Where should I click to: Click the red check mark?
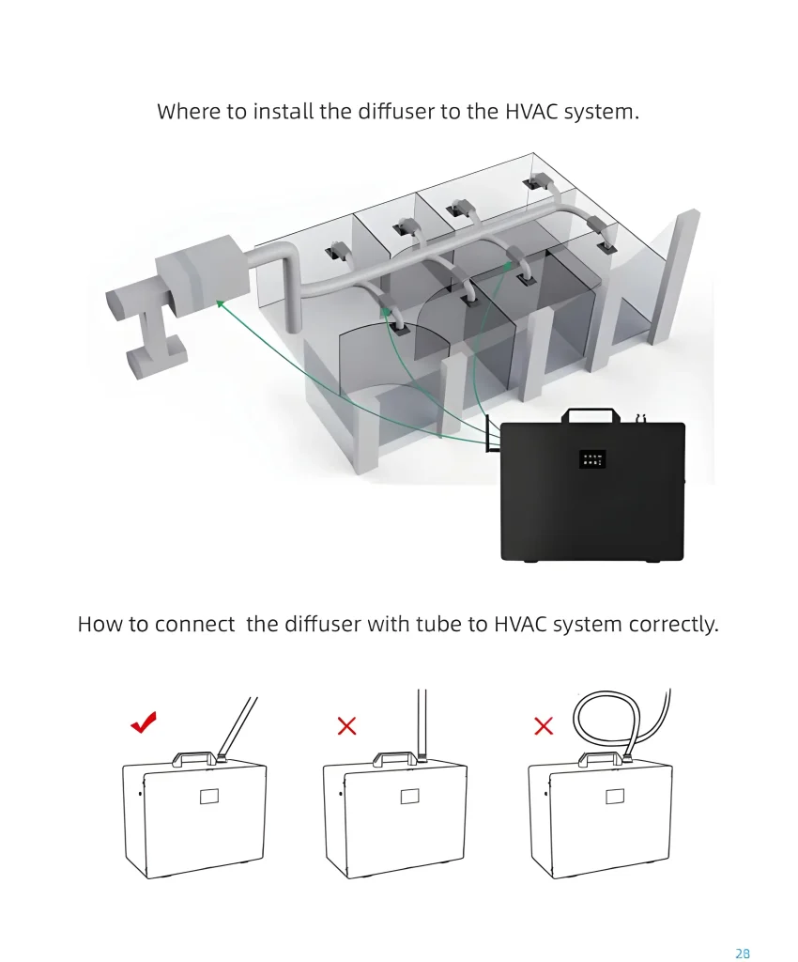pos(144,722)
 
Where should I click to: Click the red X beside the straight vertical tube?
pos(347,726)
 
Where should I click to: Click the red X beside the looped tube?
pos(544,726)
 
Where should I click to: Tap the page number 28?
pos(743,953)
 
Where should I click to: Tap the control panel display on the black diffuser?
pos(592,458)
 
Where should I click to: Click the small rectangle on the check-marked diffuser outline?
pos(209,797)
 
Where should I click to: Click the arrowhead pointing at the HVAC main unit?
pos(220,303)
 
